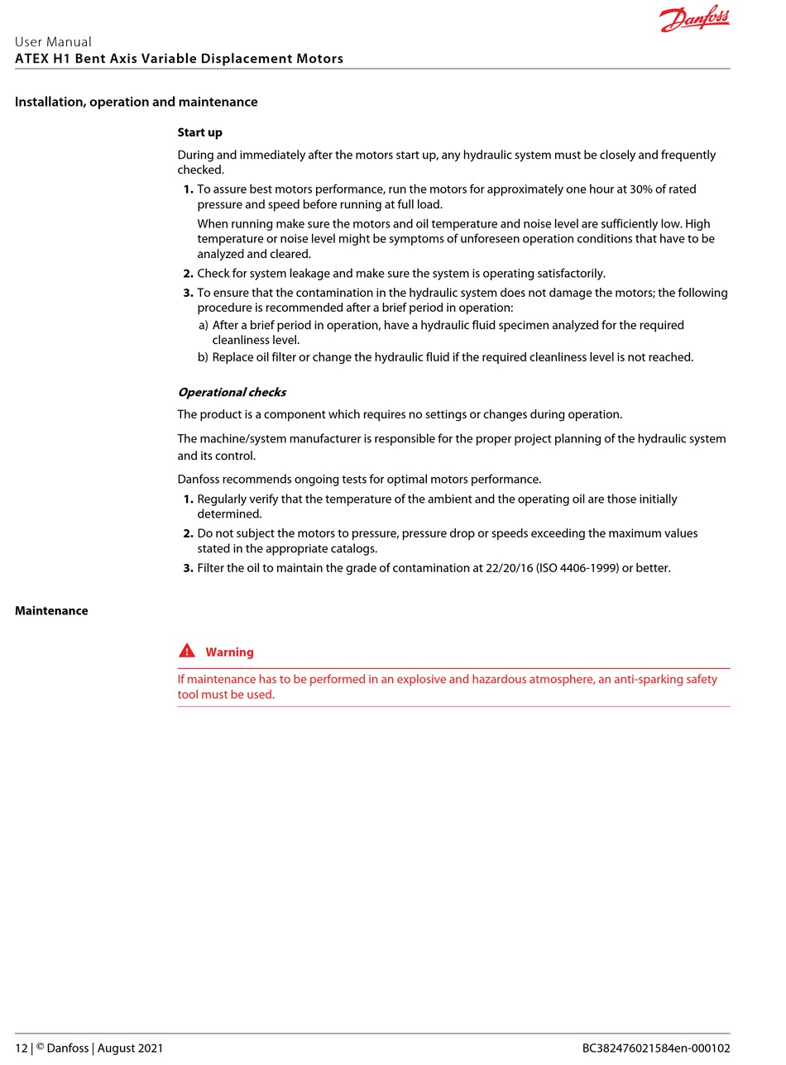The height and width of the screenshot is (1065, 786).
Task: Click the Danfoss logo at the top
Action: [694, 19]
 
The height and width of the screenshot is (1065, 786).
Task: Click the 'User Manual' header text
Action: [53, 42]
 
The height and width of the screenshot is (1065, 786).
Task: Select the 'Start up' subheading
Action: [199, 132]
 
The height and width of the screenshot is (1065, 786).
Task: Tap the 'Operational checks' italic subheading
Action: [232, 392]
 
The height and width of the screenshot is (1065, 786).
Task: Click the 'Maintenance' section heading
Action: [51, 611]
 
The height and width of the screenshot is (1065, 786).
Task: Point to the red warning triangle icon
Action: [187, 651]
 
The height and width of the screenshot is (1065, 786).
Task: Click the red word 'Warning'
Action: [229, 652]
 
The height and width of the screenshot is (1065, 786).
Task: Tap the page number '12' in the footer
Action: [22, 1048]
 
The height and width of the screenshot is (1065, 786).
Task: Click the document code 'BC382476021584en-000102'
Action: [656, 1048]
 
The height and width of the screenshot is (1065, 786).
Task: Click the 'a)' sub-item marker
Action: [204, 326]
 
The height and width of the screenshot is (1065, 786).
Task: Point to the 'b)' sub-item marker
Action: [204, 357]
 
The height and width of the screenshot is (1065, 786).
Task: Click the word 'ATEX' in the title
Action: [31, 59]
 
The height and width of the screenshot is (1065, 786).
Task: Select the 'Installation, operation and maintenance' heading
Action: [137, 103]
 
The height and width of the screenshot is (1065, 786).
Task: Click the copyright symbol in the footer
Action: [40, 1046]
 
